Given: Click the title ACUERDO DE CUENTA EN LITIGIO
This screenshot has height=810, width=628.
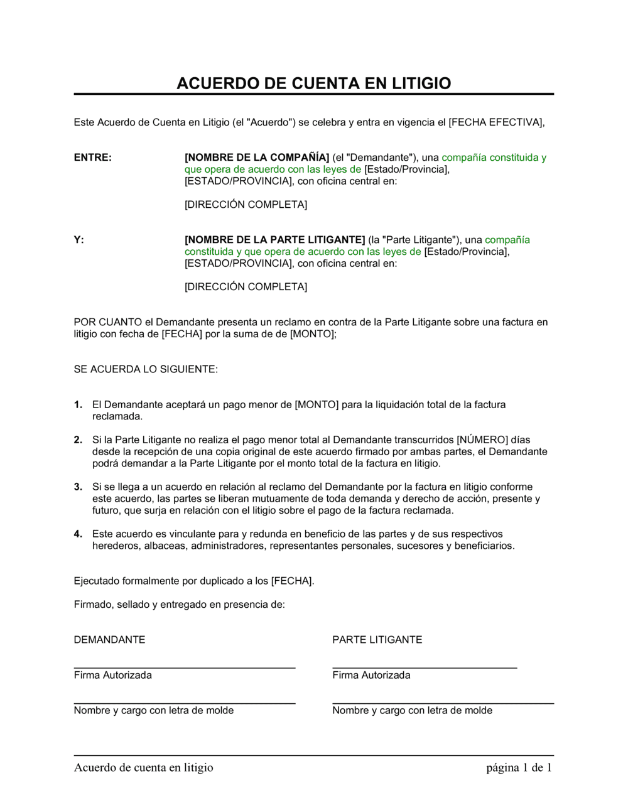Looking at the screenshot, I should click(x=313, y=84).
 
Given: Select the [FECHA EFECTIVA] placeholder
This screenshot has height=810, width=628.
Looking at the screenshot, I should click(x=495, y=122).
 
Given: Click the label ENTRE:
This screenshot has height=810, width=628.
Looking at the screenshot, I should click(x=92, y=158).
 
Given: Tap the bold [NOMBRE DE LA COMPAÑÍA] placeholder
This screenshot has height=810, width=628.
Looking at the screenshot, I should click(x=257, y=158).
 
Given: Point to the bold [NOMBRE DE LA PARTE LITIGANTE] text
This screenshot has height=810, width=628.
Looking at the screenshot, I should click(x=274, y=240).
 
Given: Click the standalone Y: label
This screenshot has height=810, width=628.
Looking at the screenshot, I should click(x=78, y=240).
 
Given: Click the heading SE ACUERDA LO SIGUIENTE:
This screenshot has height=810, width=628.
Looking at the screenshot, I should click(x=146, y=369).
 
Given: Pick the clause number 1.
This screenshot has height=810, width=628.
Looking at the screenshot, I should click(x=78, y=405).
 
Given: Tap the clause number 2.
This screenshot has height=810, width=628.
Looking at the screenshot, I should click(x=78, y=440).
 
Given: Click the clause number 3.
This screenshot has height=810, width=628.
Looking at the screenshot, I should click(x=78, y=487).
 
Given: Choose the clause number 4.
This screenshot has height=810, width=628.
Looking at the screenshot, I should click(x=78, y=534).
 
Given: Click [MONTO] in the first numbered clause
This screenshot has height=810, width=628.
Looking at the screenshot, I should click(x=317, y=405).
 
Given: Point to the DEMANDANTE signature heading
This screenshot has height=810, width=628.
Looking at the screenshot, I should click(x=109, y=640).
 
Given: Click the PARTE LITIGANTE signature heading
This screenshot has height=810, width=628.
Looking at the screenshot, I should click(x=377, y=640).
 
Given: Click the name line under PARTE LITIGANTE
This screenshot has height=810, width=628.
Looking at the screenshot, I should click(x=443, y=703).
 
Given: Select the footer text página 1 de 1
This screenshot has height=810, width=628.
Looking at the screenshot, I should click(x=519, y=767).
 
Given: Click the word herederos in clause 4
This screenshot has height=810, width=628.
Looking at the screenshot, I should click(x=115, y=546).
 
